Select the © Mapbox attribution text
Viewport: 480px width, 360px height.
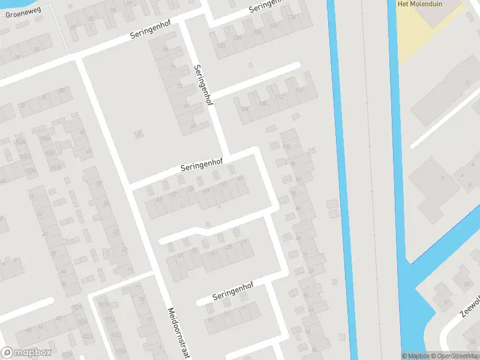(x=415, y=356)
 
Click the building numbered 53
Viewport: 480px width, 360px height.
(x=466, y=284)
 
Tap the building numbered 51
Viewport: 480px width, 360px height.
(x=445, y=302)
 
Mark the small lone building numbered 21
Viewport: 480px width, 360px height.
(x=139, y=133)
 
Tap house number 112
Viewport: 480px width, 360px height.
(x=279, y=98)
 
